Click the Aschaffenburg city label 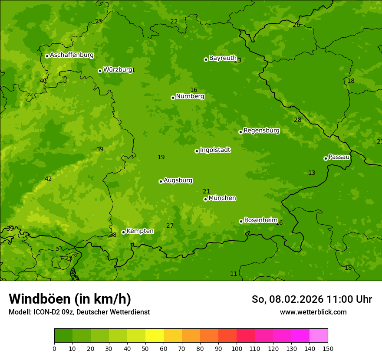(x=72, y=55)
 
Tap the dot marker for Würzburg (x=100, y=71)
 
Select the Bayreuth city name (x=223, y=58)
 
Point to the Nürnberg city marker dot (x=173, y=98)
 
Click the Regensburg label (x=261, y=131)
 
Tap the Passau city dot (x=326, y=158)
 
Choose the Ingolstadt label (x=215, y=150)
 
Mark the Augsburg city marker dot (x=161, y=181)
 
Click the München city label (x=222, y=198)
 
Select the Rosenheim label (x=260, y=220)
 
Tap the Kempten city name (x=140, y=231)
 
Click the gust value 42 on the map (x=48, y=179)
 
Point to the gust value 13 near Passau (x=312, y=173)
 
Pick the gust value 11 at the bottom (x=234, y=274)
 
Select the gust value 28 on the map (x=297, y=120)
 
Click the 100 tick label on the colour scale (x=237, y=348)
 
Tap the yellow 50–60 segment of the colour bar (x=155, y=336)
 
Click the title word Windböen (x=40, y=299)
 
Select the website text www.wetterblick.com (x=313, y=312)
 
